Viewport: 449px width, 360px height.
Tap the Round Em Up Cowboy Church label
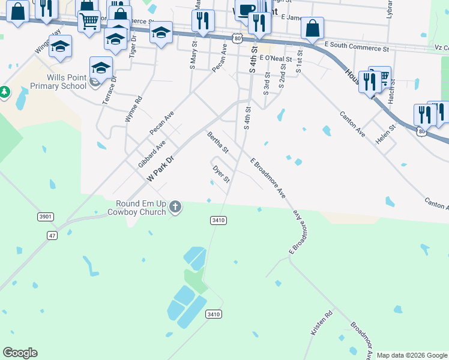[136, 207]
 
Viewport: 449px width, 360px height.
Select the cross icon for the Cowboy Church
[175, 207]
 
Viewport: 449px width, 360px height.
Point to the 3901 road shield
[44, 217]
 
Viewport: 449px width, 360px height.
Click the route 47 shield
[53, 236]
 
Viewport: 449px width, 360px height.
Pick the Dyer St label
[221, 175]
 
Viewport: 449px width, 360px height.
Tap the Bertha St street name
[217, 142]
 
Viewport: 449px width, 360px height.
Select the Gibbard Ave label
[151, 154]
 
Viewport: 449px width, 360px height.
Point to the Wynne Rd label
[133, 110]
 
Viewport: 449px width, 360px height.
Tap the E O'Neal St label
[276, 59]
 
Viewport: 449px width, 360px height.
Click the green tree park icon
[5, 92]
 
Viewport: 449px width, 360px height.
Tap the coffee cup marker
[245, 10]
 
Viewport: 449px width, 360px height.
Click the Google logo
[20, 353]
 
